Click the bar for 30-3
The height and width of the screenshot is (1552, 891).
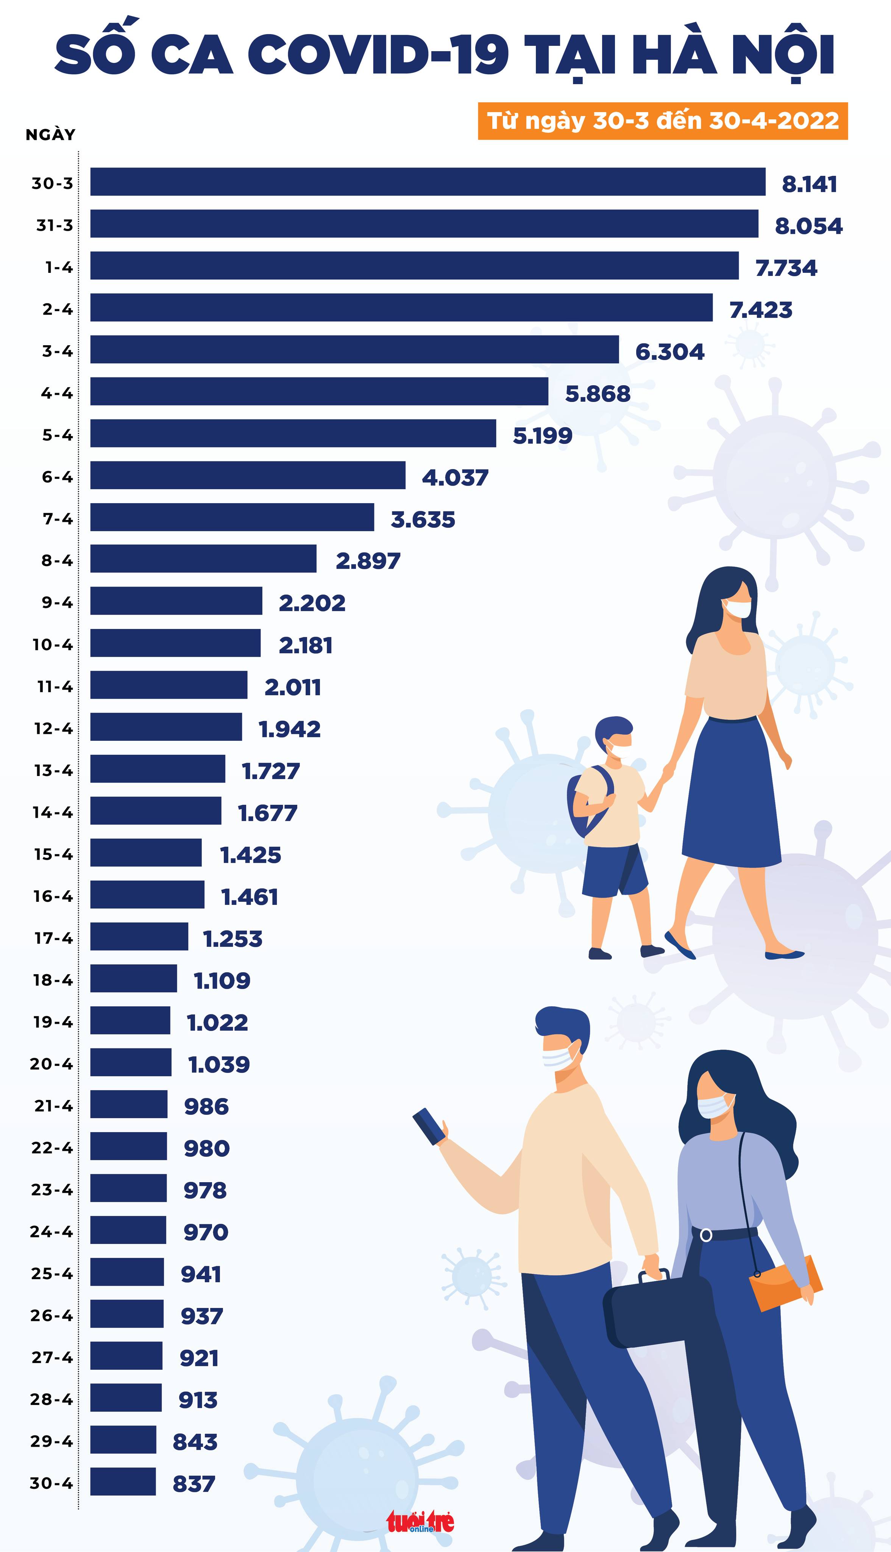(428, 182)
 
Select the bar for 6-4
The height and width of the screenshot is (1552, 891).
(248, 475)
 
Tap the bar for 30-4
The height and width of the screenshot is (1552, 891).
(123, 1482)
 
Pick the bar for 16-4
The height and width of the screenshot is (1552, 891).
(147, 895)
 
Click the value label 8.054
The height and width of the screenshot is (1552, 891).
(808, 226)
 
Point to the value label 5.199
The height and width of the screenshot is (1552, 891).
(542, 435)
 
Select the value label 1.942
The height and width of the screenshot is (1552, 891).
(289, 729)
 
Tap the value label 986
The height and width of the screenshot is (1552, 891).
(206, 1106)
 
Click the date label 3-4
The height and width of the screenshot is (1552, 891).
(58, 351)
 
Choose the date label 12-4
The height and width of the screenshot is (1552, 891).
(53, 729)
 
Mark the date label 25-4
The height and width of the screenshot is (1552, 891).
(52, 1274)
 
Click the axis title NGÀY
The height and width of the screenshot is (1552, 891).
(50, 135)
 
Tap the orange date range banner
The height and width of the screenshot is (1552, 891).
(663, 120)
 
